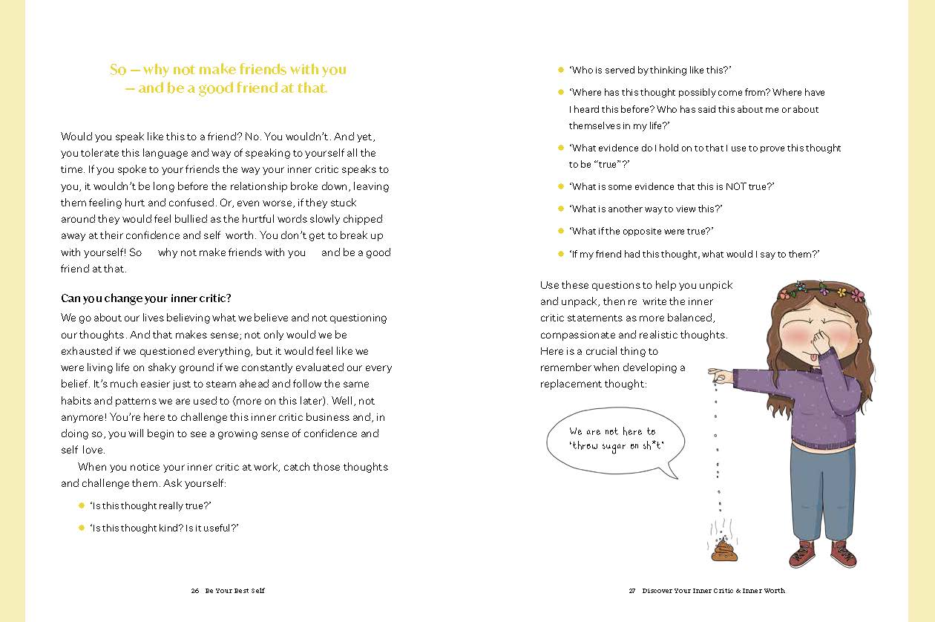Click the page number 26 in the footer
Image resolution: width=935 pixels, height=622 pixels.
[194, 591]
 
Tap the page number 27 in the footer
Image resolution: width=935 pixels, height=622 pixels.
[632, 591]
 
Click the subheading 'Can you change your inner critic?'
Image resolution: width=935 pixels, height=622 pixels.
[146, 298]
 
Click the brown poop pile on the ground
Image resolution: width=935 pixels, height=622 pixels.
[722, 550]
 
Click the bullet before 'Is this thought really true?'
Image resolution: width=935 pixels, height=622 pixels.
[82, 505]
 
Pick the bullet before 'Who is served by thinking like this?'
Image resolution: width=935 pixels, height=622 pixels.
[561, 70]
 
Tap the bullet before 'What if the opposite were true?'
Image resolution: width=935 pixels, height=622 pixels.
[561, 232]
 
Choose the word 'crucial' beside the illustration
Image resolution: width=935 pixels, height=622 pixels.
[597, 351]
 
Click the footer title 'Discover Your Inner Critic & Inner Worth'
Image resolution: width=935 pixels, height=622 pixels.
[713, 591]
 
